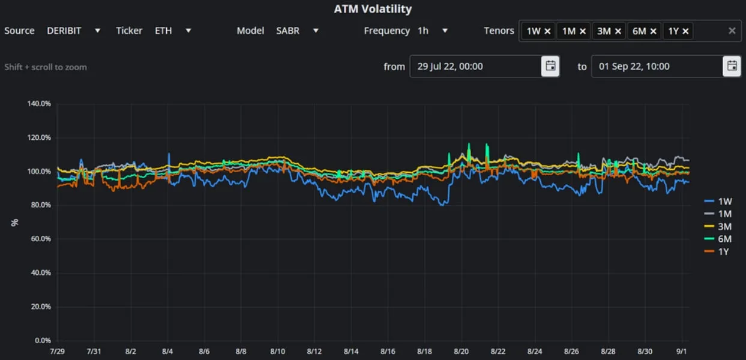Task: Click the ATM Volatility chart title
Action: tap(373, 9)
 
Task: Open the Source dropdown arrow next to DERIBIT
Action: tap(97, 31)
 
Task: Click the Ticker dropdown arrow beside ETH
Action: tap(188, 31)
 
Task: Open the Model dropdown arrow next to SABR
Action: tap(316, 31)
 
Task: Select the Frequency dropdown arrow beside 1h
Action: tap(445, 31)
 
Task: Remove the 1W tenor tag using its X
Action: tap(547, 31)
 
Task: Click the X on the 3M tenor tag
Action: tap(618, 31)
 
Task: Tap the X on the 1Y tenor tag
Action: tap(685, 31)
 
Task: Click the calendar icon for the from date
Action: tap(550, 66)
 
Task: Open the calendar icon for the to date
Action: tap(732, 66)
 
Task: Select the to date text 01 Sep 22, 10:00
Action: tap(634, 66)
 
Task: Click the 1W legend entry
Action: tap(718, 201)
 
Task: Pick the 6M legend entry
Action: tap(718, 239)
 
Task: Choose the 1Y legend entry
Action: tap(717, 251)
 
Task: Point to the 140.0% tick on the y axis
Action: tap(39, 104)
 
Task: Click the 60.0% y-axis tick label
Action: tap(41, 239)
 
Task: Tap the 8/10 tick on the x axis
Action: tap(277, 352)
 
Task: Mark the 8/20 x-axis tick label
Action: tap(461, 352)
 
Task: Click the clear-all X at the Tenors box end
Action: tap(732, 31)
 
